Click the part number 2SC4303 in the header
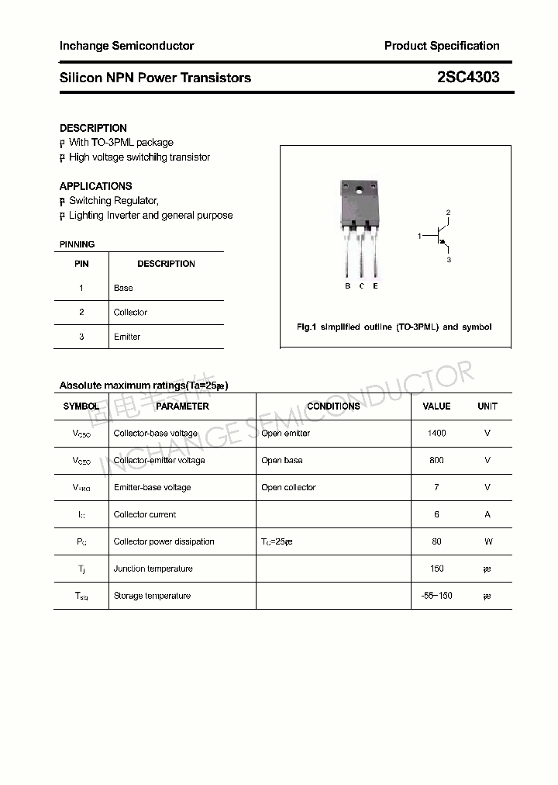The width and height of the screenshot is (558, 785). [467, 78]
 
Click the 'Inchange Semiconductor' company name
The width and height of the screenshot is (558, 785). [126, 46]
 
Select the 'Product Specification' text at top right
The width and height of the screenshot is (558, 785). [442, 46]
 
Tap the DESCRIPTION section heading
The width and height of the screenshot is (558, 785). [93, 128]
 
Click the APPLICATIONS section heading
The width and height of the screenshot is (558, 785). [95, 186]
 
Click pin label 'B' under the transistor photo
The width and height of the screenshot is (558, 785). [348, 286]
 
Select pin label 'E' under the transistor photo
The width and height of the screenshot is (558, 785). [375, 286]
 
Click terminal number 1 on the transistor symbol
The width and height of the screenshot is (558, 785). [419, 234]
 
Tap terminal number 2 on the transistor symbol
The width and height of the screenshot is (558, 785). [448, 213]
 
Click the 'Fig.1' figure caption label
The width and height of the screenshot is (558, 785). [307, 327]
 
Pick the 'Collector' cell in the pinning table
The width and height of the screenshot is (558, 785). [130, 313]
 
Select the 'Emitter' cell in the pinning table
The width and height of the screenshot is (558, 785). [127, 337]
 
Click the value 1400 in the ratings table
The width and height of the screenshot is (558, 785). [436, 434]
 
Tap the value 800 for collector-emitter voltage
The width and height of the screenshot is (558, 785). [436, 461]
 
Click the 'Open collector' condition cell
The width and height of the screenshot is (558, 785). [288, 488]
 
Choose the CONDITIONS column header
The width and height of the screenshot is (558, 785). [333, 406]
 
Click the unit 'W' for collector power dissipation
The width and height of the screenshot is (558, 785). [487, 542]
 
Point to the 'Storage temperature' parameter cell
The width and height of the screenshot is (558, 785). [152, 596]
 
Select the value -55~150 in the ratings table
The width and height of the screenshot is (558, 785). [436, 596]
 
